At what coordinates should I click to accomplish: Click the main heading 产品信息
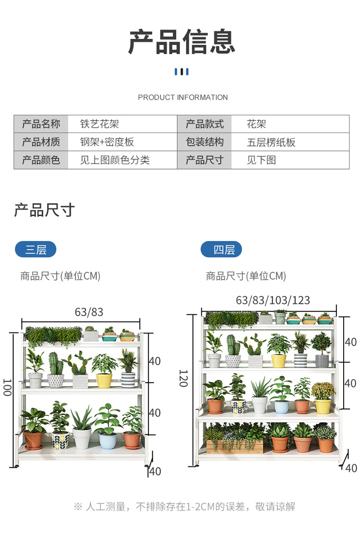(181, 42)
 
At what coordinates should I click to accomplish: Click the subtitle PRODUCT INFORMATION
(183, 97)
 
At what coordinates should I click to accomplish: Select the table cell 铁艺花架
(99, 124)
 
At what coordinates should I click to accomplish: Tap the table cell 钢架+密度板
(107, 142)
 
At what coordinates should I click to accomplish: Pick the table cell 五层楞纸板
(271, 142)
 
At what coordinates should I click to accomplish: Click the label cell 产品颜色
(41, 160)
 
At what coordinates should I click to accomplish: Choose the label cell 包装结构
(205, 142)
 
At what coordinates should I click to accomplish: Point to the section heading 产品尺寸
(44, 210)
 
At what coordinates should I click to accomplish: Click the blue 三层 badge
(36, 250)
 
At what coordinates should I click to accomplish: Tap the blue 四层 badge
(221, 250)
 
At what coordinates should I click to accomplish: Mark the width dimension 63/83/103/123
(273, 300)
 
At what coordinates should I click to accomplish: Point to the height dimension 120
(184, 378)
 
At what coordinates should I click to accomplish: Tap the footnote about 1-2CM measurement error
(184, 506)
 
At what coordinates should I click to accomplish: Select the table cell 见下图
(262, 160)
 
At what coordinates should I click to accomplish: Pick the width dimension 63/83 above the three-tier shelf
(89, 312)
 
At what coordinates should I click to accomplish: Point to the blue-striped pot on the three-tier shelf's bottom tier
(108, 440)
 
